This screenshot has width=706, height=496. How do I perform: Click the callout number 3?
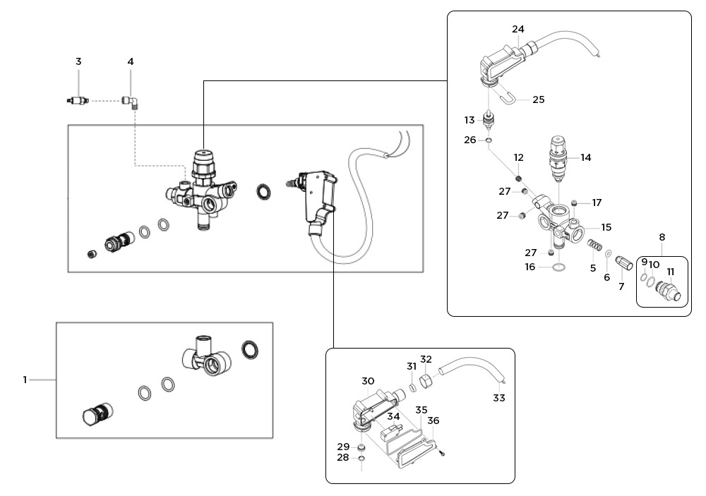(78, 62)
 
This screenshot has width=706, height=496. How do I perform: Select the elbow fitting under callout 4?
(131, 102)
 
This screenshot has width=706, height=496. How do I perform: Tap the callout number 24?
(518, 30)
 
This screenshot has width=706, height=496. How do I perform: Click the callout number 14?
(585, 158)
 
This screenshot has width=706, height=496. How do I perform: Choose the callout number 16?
(530, 267)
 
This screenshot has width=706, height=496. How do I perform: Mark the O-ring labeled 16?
(558, 267)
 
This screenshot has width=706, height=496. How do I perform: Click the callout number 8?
(662, 237)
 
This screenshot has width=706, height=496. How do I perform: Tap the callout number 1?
(25, 380)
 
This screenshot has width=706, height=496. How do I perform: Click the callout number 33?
(499, 398)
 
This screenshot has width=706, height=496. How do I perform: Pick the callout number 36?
(433, 421)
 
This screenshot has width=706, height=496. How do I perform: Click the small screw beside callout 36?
(441, 452)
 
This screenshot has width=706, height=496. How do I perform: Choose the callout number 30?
(368, 381)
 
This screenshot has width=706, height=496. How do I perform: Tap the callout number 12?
(519, 157)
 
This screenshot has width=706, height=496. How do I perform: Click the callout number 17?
(597, 202)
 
